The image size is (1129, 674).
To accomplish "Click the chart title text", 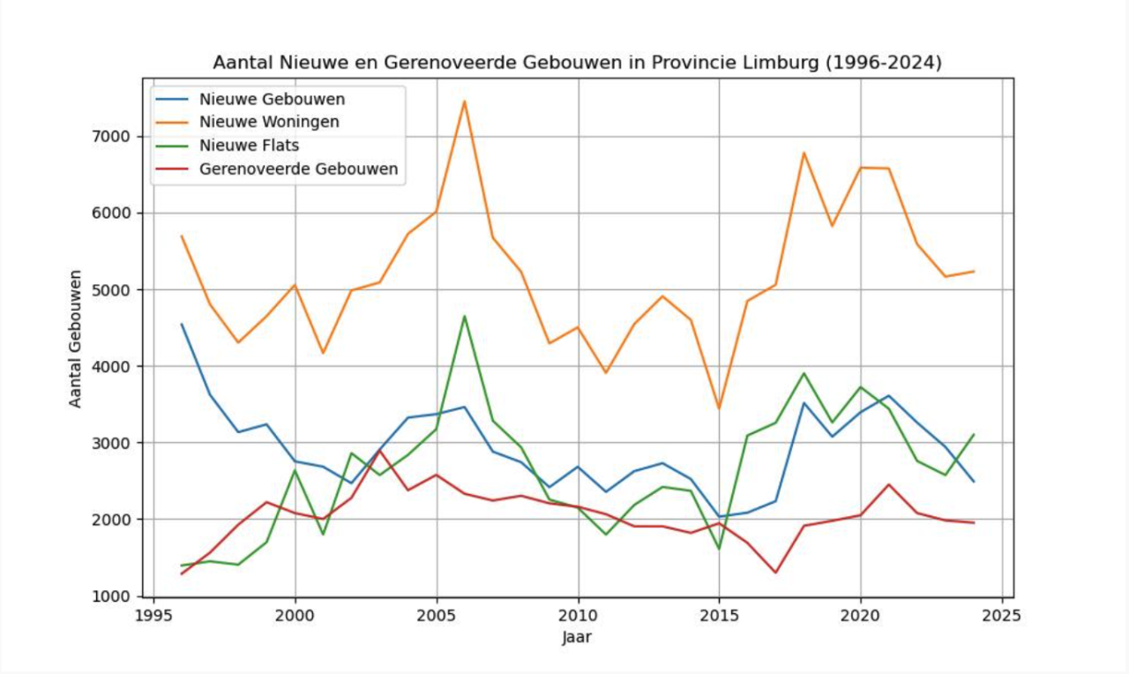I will pos(577,64).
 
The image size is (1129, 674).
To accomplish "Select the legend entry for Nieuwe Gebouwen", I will pos(272,98).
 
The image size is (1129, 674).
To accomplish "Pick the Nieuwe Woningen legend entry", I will pos(269,122).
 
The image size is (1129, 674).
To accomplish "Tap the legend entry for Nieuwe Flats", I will pos(249,146).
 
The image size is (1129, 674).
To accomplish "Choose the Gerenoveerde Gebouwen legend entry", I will pos(298,169).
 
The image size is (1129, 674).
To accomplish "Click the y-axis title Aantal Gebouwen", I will pos(76,338).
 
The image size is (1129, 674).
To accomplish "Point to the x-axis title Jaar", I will pos(577,637).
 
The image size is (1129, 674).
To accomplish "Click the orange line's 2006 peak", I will pos(464,101).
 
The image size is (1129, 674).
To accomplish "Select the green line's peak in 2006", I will pos(464,316).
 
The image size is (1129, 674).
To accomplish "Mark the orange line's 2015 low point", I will pos(719,408).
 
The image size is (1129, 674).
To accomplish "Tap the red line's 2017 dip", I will pos(775,573).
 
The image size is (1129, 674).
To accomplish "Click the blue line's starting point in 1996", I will pos(182,324).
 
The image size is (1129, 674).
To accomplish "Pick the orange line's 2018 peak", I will pos(804,153).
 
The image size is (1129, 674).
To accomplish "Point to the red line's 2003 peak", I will pos(379,451).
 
